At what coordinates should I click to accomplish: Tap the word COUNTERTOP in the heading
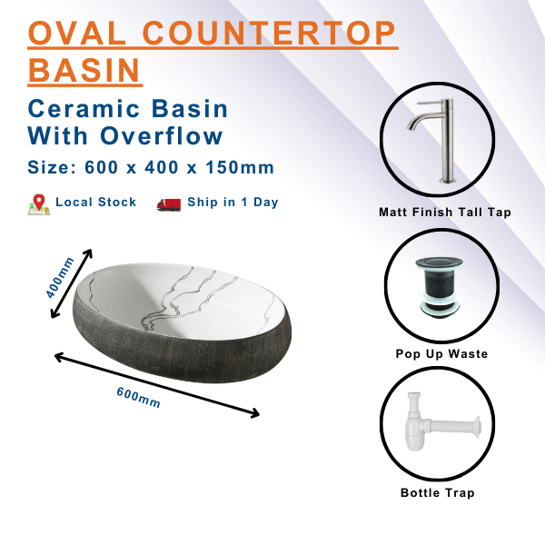click(x=270, y=35)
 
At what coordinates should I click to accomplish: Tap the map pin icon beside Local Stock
click(x=38, y=203)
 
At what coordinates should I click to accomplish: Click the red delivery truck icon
click(x=169, y=203)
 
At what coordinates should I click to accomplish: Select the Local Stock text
click(x=95, y=203)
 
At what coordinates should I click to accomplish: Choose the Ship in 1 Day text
click(x=233, y=203)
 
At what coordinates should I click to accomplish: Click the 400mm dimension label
click(x=61, y=277)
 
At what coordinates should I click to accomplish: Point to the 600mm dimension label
click(x=139, y=397)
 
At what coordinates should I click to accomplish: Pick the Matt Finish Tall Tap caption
click(x=445, y=213)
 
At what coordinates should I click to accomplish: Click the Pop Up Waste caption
click(x=442, y=353)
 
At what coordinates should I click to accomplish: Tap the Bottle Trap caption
click(x=438, y=493)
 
